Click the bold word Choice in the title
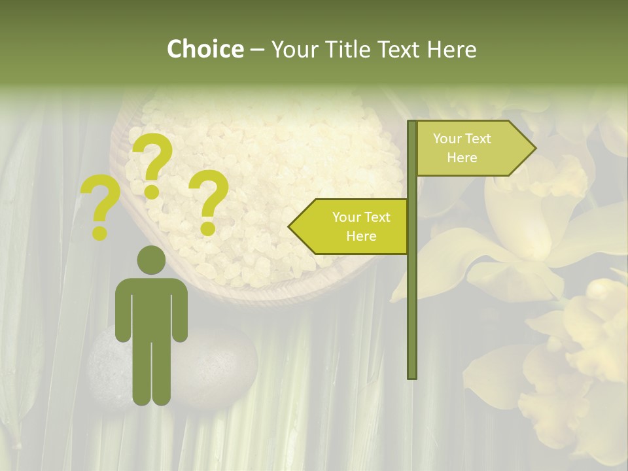point(205,50)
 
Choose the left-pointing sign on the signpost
point(353,226)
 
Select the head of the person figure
point(151,260)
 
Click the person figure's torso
point(151,307)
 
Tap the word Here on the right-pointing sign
point(462,158)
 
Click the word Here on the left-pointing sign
point(361,236)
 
